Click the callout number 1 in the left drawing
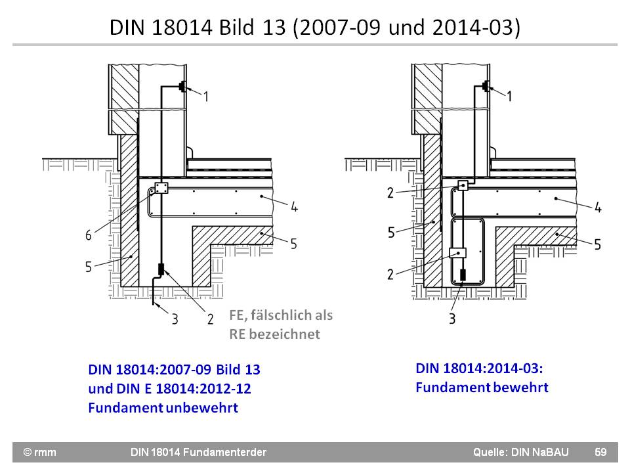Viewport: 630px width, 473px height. [205, 97]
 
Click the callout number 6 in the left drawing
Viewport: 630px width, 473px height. [88, 235]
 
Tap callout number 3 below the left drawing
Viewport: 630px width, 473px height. [175, 320]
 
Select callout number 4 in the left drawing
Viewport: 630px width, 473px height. [295, 208]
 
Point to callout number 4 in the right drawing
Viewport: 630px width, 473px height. [598, 208]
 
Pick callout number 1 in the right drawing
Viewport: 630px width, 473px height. [509, 97]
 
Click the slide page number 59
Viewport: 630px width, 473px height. [600, 452]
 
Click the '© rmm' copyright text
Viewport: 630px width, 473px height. [40, 452]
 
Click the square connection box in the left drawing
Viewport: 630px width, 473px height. [161, 189]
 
